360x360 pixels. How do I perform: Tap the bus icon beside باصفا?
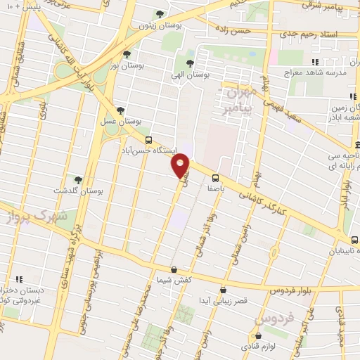point(215,177)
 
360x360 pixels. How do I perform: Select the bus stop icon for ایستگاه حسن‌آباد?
point(148,139)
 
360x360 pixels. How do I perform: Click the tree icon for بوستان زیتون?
point(160,14)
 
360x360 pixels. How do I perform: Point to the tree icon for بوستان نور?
point(127,54)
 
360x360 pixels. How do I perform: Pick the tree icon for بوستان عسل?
point(121,110)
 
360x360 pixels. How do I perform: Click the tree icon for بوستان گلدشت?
point(77,180)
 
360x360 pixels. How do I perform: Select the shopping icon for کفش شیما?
point(174,269)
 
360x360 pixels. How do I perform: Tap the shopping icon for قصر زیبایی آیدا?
point(224,290)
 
